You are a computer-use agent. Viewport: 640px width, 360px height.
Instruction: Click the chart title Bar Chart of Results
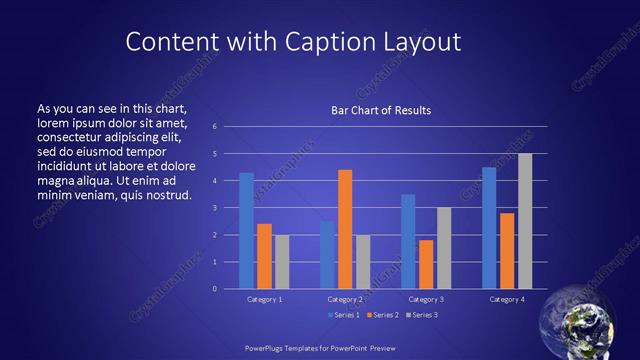point(381,110)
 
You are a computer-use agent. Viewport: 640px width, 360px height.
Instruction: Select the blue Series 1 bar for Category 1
point(246,231)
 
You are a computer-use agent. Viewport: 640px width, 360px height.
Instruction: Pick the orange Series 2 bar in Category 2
point(345,229)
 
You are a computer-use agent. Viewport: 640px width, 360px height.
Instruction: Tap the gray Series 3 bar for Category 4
point(525,221)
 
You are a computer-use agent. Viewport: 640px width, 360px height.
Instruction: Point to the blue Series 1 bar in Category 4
point(489,228)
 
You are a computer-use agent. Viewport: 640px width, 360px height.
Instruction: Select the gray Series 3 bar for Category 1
point(282,262)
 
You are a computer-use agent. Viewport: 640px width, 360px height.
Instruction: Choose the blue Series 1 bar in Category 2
point(327,255)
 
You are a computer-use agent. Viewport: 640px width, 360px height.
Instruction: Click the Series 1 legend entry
point(345,315)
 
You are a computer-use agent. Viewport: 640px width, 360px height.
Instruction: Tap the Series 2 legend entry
point(384,315)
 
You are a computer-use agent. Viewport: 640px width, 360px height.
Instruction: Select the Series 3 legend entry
point(424,315)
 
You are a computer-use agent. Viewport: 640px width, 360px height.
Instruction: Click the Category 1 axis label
point(264,299)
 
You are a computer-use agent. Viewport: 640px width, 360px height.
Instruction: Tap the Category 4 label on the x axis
point(507,299)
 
